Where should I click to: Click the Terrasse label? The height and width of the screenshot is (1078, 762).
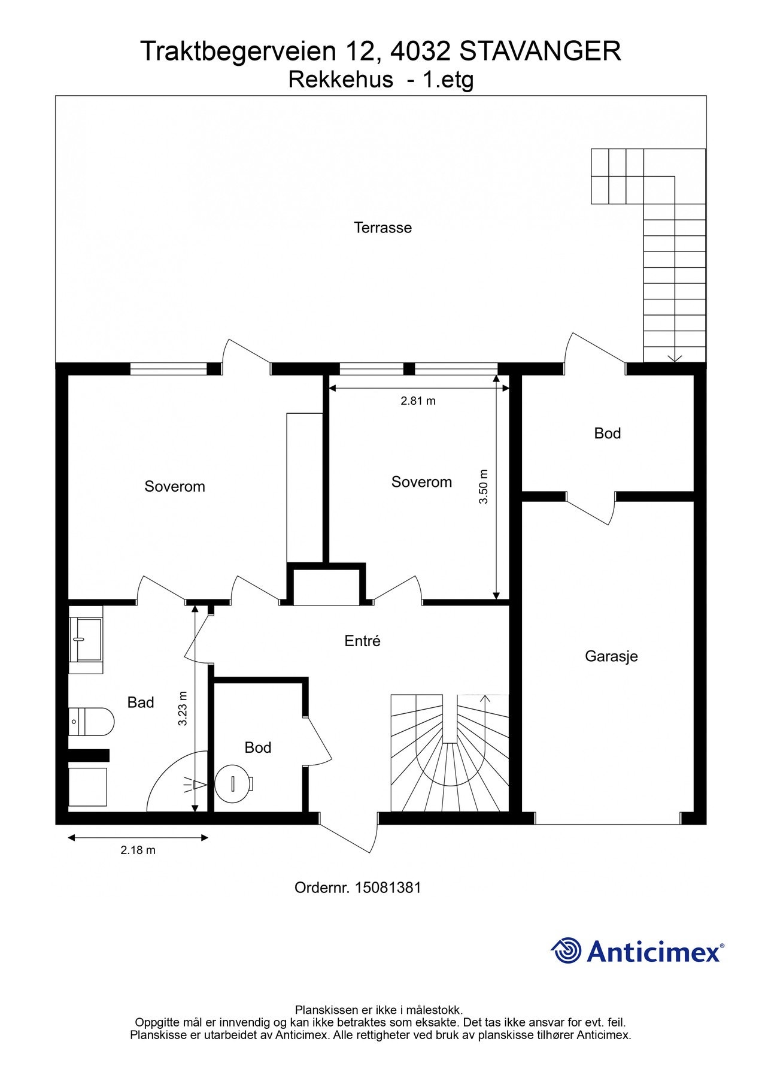(x=382, y=228)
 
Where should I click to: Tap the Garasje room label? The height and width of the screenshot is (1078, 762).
(x=611, y=656)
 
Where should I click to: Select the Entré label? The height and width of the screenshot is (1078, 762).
(x=362, y=641)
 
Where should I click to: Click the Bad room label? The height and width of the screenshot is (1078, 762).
(x=141, y=702)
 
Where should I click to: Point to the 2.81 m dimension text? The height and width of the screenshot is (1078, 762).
(x=418, y=401)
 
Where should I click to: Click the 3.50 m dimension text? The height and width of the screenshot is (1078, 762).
(x=484, y=486)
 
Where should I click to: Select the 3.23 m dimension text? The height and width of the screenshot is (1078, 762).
(x=183, y=709)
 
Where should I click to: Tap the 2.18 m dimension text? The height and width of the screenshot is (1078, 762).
(x=138, y=850)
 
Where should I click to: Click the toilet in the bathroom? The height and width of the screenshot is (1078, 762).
(x=91, y=722)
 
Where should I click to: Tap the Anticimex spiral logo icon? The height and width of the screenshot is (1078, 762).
(x=566, y=951)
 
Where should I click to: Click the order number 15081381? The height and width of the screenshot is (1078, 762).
(x=388, y=888)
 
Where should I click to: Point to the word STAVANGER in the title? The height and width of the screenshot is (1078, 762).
(x=540, y=52)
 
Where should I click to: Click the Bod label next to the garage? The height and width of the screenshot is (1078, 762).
(x=607, y=434)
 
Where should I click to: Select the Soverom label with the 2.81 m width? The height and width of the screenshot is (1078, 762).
(x=421, y=482)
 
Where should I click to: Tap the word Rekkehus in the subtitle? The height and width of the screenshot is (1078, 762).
(x=341, y=80)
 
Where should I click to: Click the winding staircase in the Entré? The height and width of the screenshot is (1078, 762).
(x=450, y=753)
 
